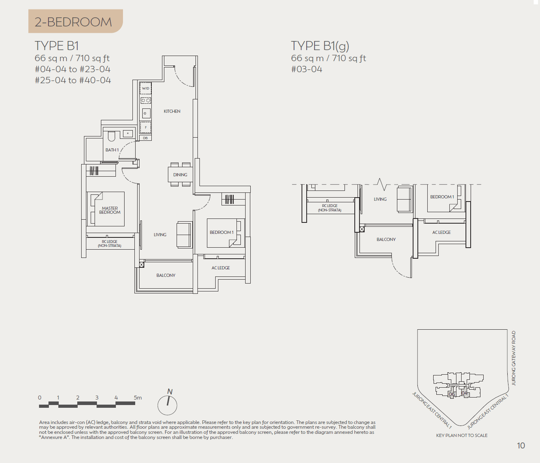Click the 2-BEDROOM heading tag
[x=74, y=22]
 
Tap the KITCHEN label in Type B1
[x=172, y=111]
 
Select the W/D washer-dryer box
[x=145, y=88]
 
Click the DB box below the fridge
[x=145, y=138]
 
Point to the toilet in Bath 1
[x=111, y=136]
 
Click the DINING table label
[x=180, y=175]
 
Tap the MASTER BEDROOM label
[x=110, y=210]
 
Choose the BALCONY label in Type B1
[x=166, y=275]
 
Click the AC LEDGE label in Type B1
[x=220, y=268]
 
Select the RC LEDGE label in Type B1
[x=110, y=243]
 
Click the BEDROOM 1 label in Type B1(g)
[x=442, y=197]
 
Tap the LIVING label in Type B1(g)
[x=380, y=199]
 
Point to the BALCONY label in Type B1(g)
[x=386, y=239]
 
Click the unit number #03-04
[x=307, y=69]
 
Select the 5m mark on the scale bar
[x=138, y=398]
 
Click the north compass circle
[x=168, y=405]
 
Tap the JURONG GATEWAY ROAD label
[x=514, y=358]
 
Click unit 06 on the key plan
[x=452, y=394]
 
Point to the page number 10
[x=521, y=446]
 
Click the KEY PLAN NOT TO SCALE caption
[x=462, y=435]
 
